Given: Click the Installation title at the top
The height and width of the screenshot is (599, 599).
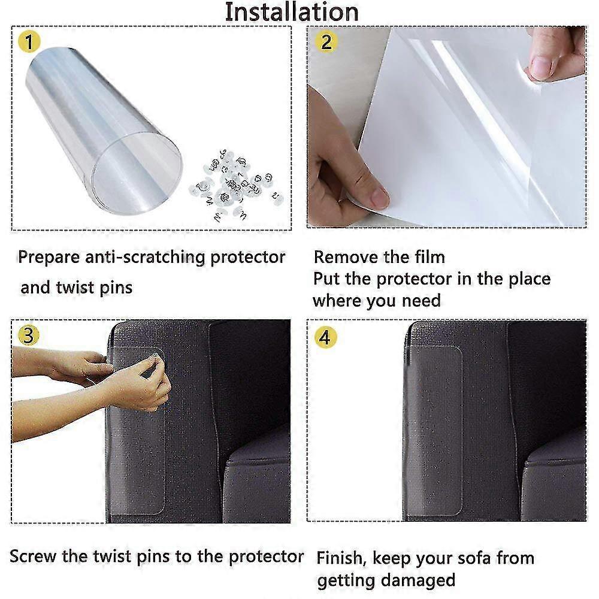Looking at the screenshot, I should pyautogui.click(x=292, y=13).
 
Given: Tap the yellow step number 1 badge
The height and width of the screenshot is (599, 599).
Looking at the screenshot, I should pyautogui.click(x=28, y=43).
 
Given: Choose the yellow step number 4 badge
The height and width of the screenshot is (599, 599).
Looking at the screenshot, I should pyautogui.click(x=324, y=337).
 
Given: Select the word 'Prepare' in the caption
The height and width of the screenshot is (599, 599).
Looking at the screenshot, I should pyautogui.click(x=47, y=258).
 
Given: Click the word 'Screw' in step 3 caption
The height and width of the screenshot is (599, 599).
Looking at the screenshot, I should pyautogui.click(x=33, y=556).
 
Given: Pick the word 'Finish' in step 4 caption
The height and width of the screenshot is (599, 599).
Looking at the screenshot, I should pyautogui.click(x=342, y=558).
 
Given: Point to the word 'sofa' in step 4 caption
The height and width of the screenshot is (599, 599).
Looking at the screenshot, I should pyautogui.click(x=471, y=558).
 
